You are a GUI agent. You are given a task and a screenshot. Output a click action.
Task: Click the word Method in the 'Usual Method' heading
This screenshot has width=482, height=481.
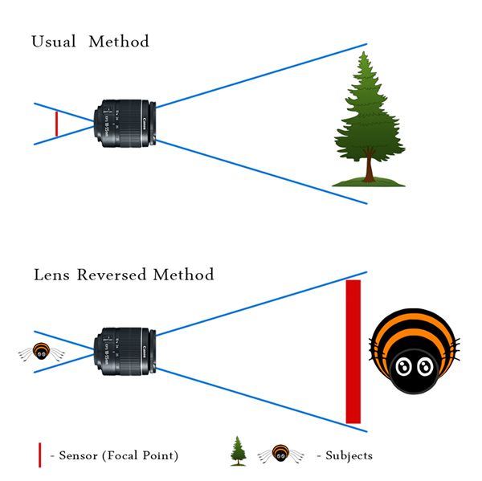click(x=119, y=41)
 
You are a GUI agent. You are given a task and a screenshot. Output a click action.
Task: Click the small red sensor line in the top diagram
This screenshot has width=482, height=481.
click(x=56, y=124)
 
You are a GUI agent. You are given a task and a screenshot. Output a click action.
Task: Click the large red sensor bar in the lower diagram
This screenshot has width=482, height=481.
click(x=353, y=352)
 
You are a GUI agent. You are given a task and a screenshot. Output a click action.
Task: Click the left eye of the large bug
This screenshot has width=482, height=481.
click(x=406, y=367)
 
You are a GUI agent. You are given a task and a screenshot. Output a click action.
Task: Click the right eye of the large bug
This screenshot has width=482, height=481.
click(x=426, y=367)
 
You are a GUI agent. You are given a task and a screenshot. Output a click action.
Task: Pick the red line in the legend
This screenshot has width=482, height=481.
click(x=39, y=455)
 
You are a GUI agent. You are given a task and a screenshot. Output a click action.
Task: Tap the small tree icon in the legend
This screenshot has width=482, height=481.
click(x=237, y=451)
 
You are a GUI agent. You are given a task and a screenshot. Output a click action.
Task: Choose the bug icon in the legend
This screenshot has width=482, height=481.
click(x=280, y=455)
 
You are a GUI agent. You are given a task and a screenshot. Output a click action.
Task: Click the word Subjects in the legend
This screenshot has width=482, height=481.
click(x=349, y=455)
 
